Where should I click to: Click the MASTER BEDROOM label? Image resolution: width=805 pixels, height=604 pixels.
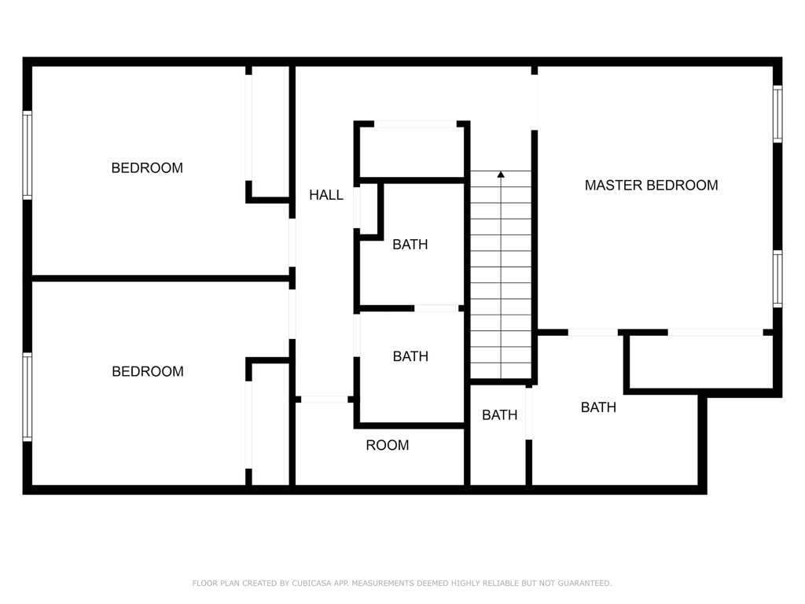pyautogui.click(x=651, y=186)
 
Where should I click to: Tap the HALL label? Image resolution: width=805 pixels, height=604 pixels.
pyautogui.click(x=326, y=195)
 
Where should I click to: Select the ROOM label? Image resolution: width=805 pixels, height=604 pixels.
pyautogui.click(x=387, y=445)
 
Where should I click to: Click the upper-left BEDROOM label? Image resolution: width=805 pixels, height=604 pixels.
pyautogui.click(x=147, y=168)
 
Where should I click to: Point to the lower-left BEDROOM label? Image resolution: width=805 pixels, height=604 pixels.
pyautogui.click(x=147, y=371)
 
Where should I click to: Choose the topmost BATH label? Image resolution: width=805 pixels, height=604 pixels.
pyautogui.click(x=410, y=245)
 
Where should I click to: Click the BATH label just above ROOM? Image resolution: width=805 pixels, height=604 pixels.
pyautogui.click(x=410, y=356)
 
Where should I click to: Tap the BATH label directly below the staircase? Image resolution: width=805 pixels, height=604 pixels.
pyautogui.click(x=499, y=415)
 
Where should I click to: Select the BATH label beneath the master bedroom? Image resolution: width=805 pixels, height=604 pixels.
pyautogui.click(x=598, y=407)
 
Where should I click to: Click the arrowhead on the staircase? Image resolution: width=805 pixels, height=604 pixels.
pyautogui.click(x=501, y=175)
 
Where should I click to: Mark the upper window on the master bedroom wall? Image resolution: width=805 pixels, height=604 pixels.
pyautogui.click(x=777, y=114)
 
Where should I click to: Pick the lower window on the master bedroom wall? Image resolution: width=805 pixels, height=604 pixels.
pyautogui.click(x=777, y=279)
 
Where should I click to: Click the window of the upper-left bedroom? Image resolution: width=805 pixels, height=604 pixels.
pyautogui.click(x=28, y=155)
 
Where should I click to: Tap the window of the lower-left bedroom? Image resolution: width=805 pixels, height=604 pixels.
pyautogui.click(x=28, y=396)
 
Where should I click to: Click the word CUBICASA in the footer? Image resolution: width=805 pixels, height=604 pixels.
pyautogui.click(x=311, y=583)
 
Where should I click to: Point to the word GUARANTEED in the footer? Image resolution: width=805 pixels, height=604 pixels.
pyautogui.click(x=585, y=583)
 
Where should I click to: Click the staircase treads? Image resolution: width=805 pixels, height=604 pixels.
pyautogui.click(x=501, y=275)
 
